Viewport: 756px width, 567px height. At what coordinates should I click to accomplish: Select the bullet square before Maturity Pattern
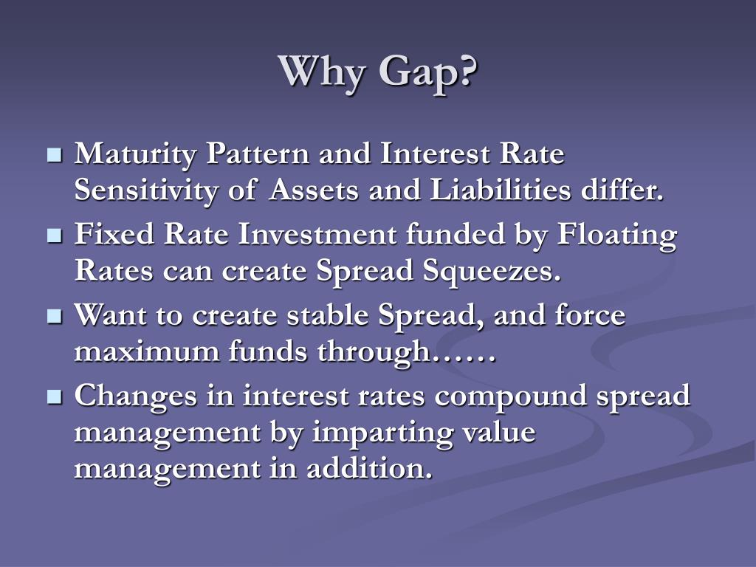coord(53,156)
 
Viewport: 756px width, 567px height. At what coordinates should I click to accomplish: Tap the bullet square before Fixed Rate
coord(53,236)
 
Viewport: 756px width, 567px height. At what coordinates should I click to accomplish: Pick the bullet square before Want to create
coord(53,317)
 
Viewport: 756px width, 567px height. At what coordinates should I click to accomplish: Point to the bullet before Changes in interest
coord(53,397)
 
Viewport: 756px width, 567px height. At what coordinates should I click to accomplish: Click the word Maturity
coord(137,156)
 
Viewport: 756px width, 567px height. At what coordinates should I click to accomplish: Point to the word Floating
coord(616,236)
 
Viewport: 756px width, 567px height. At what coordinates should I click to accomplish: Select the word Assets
coord(315,190)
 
